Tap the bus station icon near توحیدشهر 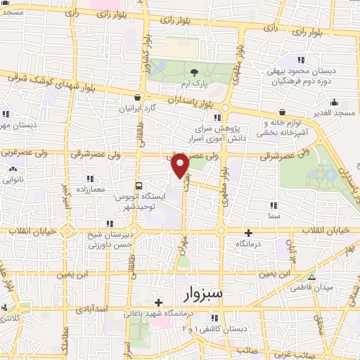tap(138, 186)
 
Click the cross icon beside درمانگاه tap(247, 232)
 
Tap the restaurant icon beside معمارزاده tap(90, 179)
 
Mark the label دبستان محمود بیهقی tap(301, 72)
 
